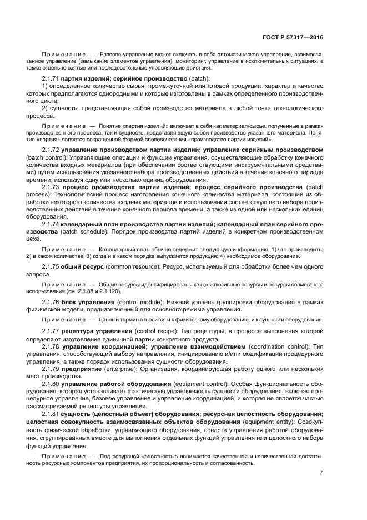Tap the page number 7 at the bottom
point(321,473)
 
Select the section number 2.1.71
point(51,78)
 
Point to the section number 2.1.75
point(51,268)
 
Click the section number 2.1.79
point(51,369)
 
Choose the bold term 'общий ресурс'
point(83,268)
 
